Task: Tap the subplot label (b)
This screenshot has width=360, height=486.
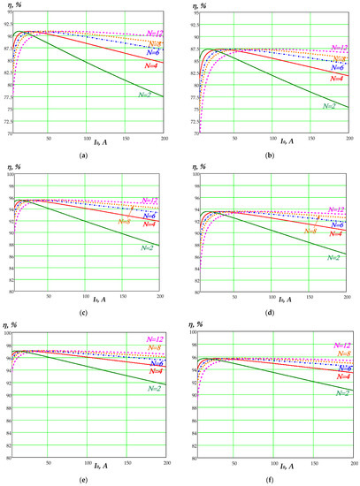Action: click(x=271, y=155)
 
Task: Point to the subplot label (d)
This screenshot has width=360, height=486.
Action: click(x=271, y=314)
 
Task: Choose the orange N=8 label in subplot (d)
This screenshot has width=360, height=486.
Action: click(x=310, y=231)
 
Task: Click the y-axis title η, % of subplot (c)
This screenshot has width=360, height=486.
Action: click(x=17, y=167)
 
